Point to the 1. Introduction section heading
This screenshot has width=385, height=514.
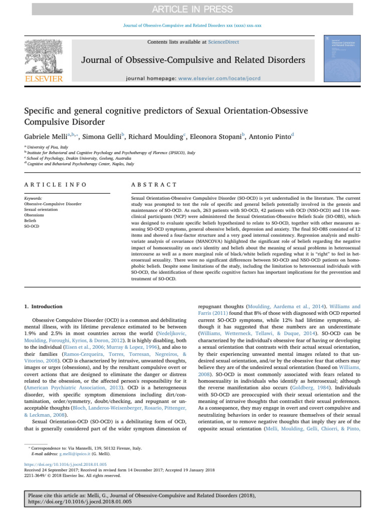(44, 306)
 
